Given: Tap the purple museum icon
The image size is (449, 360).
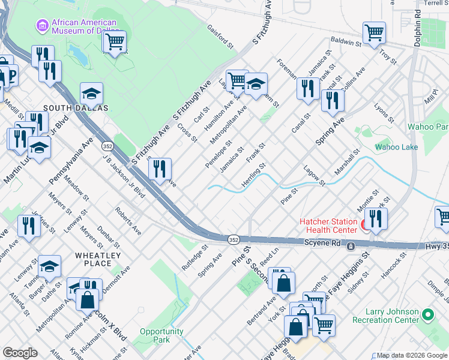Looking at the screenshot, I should click(41, 25).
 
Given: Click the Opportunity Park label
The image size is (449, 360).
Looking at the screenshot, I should click(161, 335).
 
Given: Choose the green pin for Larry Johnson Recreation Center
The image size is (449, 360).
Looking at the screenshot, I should click(428, 314).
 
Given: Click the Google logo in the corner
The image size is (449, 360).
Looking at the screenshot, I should click(19, 353).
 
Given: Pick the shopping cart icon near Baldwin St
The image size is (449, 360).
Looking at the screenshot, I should click(374, 32).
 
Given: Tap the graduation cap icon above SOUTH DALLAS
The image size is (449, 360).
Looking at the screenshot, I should click(91, 93).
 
